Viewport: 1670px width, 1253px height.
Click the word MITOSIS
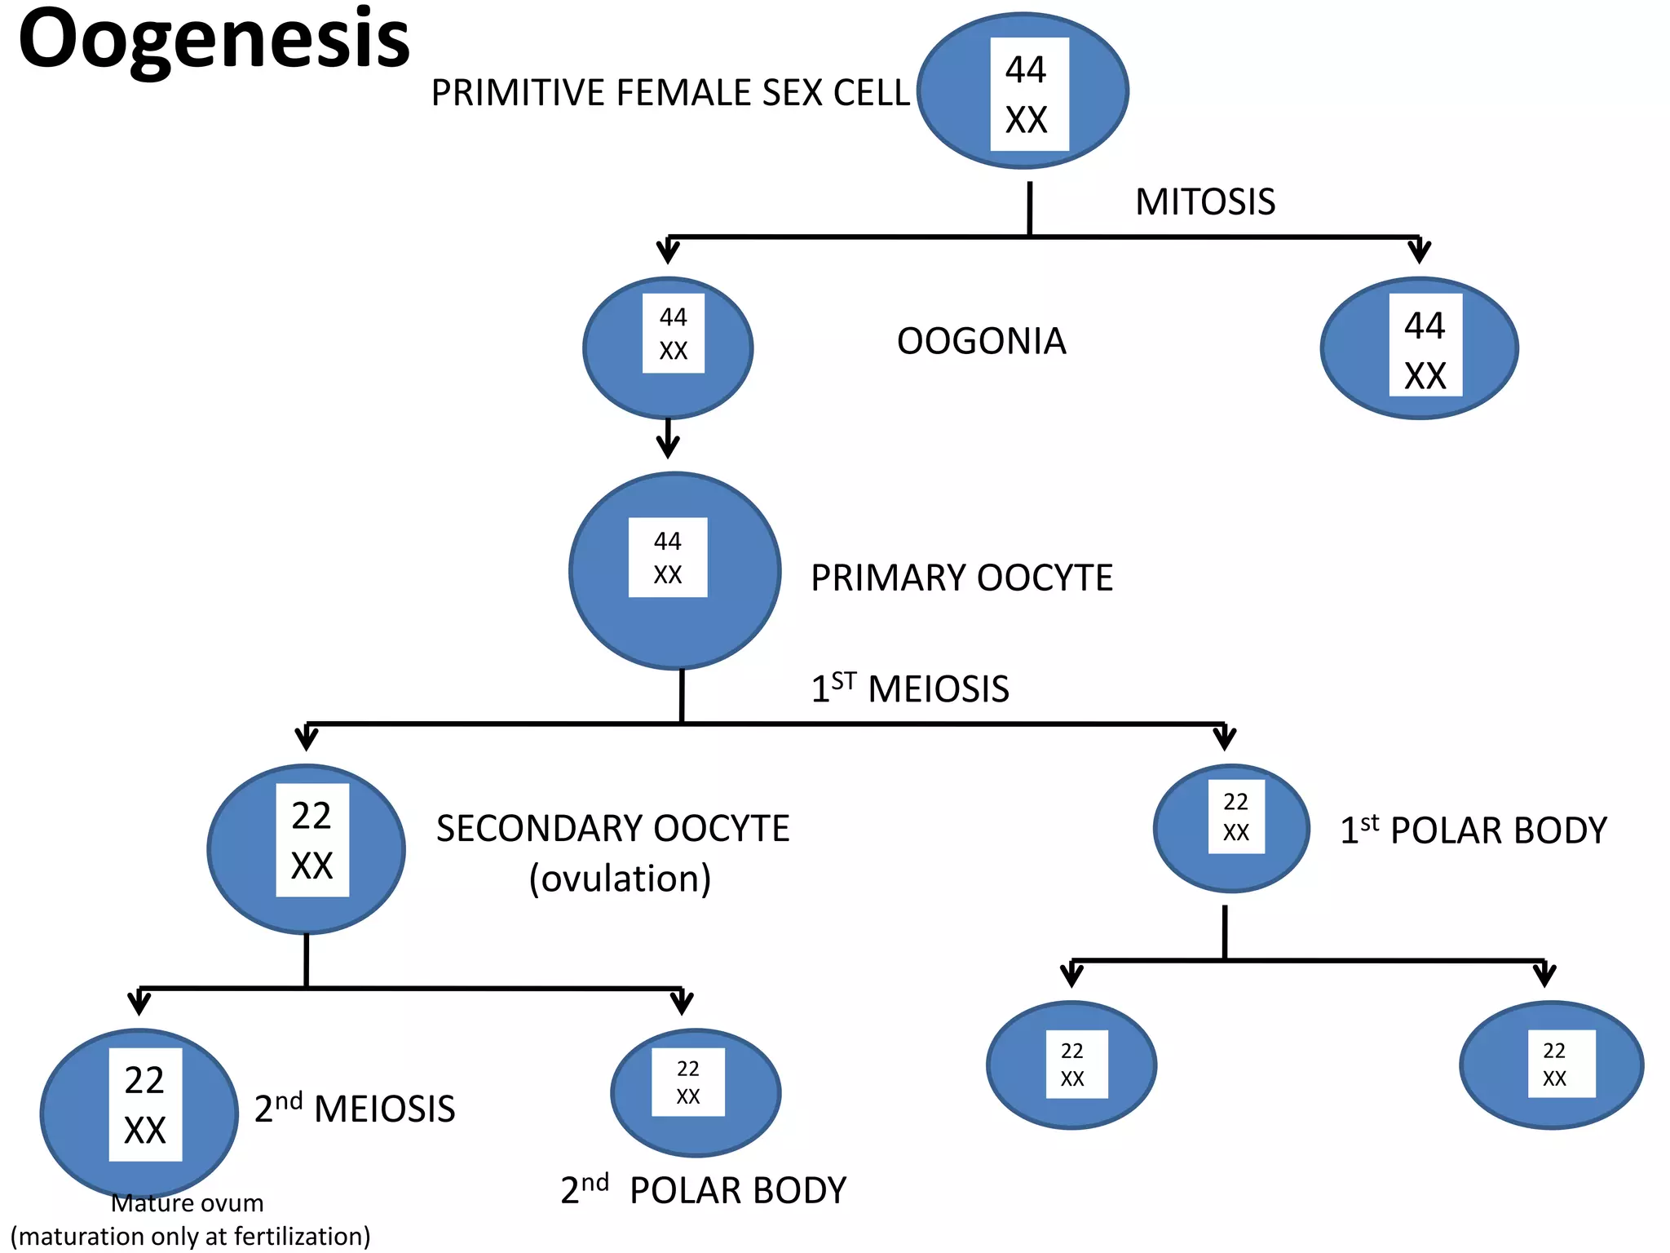coord(1204,202)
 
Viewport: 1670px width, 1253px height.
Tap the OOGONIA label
coord(981,341)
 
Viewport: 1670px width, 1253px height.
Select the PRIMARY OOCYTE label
coord(961,578)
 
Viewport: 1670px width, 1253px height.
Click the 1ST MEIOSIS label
coord(910,688)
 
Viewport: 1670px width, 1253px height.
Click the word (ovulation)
coord(620,879)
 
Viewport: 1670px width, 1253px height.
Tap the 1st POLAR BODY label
coord(1473,830)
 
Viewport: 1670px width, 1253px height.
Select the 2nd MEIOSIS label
coord(355,1109)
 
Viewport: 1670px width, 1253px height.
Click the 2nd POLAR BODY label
coord(703,1190)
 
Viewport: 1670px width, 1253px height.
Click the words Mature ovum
coord(188,1203)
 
